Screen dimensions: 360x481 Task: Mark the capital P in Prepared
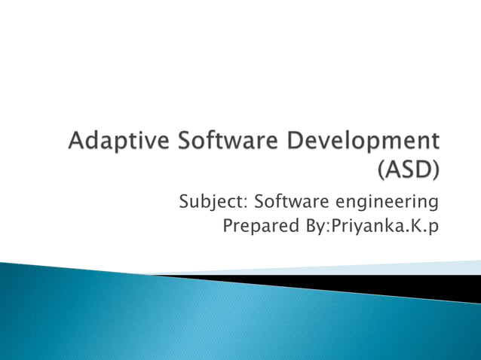tap(229, 226)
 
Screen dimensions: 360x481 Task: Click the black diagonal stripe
tap(377, 285)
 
